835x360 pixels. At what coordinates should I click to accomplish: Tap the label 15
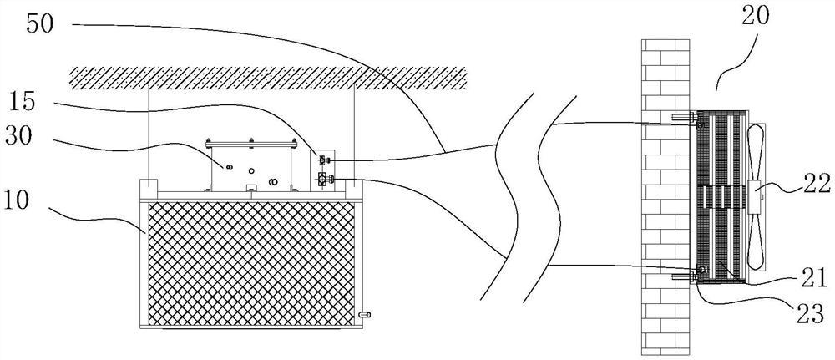pyautogui.click(x=23, y=104)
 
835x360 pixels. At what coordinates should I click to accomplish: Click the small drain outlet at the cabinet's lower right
pyautogui.click(x=365, y=315)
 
